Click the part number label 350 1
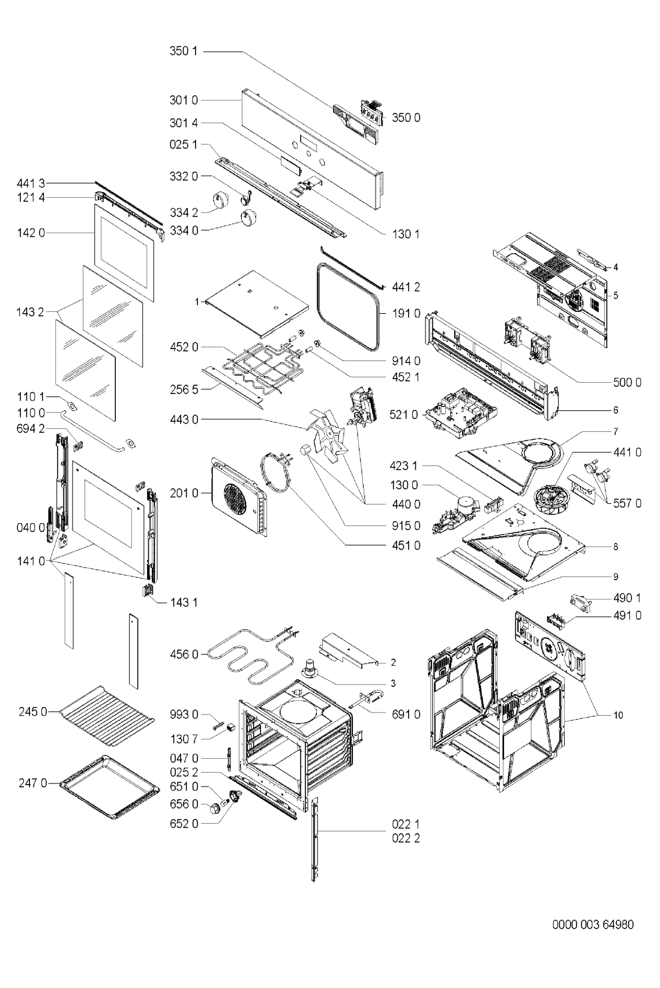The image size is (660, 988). pos(184,51)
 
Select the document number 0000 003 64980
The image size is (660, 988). pos(593,924)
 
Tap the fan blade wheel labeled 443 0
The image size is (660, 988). pos(327,433)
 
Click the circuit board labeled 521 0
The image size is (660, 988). pos(461,412)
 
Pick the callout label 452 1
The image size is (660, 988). pos(406,377)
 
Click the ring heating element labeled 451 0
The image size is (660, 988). pos(276,472)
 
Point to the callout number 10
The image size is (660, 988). pos(618,715)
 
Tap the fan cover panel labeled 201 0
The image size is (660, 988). pos(239,497)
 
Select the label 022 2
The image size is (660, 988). pos(406,838)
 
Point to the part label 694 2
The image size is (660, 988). pos(31,428)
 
